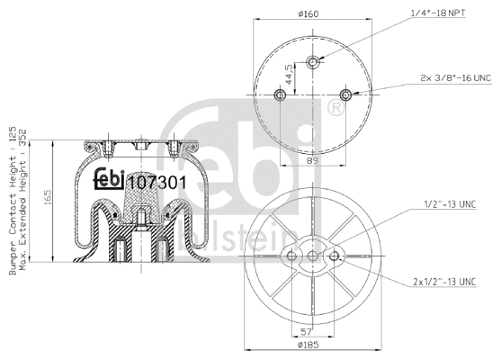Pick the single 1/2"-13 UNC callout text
[450, 204]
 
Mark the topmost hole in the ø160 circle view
[312, 62]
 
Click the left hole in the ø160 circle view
[278, 95]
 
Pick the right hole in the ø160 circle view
[346, 95]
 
